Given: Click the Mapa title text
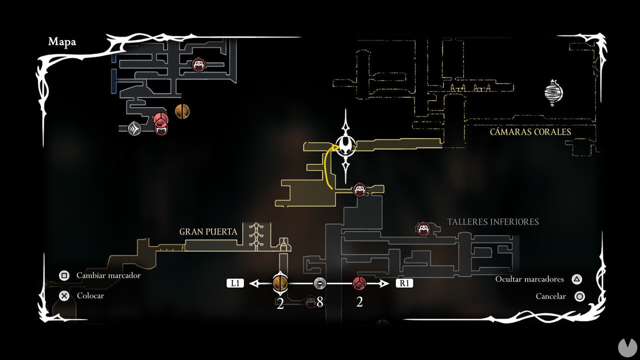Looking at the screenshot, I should (x=62, y=42).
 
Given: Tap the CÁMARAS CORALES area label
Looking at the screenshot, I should (x=530, y=132).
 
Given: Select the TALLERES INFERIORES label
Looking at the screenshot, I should (x=493, y=221).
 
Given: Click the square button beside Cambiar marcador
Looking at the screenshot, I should (x=64, y=275).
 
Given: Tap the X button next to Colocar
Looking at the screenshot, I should (x=64, y=295).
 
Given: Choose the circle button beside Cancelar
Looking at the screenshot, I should (x=579, y=296).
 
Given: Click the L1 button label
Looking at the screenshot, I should (x=235, y=283).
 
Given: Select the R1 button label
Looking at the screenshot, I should (x=405, y=283).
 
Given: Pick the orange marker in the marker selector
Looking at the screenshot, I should (x=280, y=283).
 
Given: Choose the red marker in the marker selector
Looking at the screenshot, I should (x=359, y=283).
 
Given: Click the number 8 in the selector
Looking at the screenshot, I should (x=320, y=302).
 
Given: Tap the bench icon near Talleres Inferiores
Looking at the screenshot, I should (x=423, y=229).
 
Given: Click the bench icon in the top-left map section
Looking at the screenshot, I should (x=199, y=64).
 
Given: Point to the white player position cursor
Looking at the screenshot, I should (x=345, y=145).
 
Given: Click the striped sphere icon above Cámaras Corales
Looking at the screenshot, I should (x=553, y=92).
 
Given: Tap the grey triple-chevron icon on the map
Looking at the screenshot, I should (x=134, y=129).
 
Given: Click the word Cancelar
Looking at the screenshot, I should (x=550, y=296).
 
